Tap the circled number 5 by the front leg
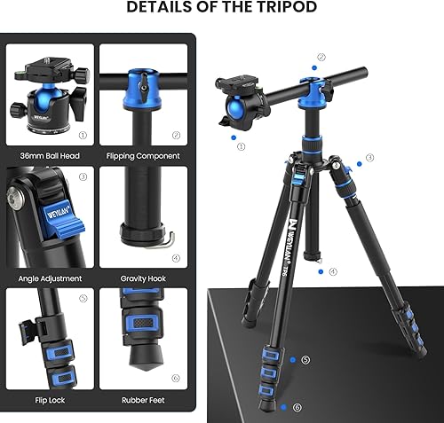pos(305,360)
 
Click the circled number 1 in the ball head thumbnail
pos(83,136)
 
